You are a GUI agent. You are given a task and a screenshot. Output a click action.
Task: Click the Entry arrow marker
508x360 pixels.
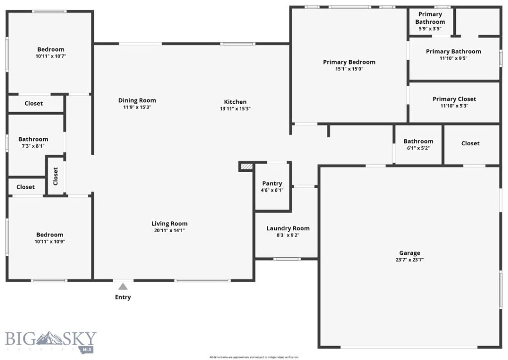coord(123,286)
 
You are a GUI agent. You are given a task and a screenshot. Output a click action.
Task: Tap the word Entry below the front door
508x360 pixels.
coord(123,297)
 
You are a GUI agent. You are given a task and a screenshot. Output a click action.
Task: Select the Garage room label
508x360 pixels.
coord(409,252)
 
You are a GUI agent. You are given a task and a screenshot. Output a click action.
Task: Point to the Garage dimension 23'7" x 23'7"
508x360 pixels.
coord(409,259)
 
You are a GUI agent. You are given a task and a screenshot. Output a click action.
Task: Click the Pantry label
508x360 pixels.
coord(272,183)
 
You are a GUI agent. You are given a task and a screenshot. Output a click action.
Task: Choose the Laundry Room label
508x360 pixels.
coord(288,228)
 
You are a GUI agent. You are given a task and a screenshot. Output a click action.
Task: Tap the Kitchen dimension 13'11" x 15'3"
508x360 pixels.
coord(235,109)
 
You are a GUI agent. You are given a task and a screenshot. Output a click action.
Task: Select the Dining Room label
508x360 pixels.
coord(137,100)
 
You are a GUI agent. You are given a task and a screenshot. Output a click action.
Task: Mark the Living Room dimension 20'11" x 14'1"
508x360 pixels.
coord(169,230)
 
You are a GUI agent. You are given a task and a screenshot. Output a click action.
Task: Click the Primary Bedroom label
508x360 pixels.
coord(349,62)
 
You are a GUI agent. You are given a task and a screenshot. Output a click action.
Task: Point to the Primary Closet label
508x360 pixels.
coord(454,99)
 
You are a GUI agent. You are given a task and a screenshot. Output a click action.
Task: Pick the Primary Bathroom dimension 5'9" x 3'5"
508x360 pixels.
coord(430,29)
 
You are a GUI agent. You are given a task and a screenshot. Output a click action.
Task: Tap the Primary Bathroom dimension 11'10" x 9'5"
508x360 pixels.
coord(453,58)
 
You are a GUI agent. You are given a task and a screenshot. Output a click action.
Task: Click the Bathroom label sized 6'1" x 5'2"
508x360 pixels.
coord(418,141)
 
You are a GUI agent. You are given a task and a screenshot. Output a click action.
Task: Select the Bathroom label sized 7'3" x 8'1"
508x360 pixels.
coord(33,139)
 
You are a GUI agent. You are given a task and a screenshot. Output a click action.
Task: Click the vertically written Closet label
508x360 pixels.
coord(56,175)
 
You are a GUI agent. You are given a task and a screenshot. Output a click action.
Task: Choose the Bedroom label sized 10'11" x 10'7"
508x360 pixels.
coord(51,49)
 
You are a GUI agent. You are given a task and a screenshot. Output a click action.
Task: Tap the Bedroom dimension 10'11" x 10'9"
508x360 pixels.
coord(50,241)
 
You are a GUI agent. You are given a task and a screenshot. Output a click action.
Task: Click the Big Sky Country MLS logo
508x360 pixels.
coord(51,340)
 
